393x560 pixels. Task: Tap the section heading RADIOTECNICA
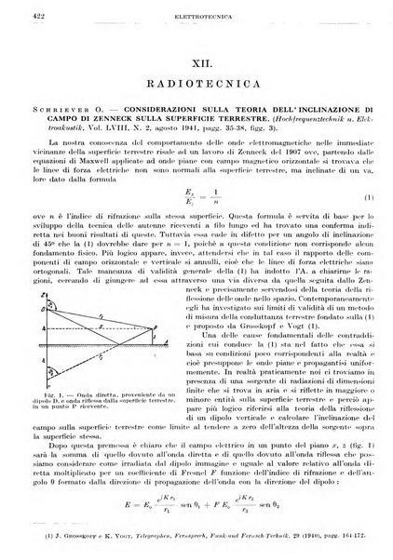coord(197,82)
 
